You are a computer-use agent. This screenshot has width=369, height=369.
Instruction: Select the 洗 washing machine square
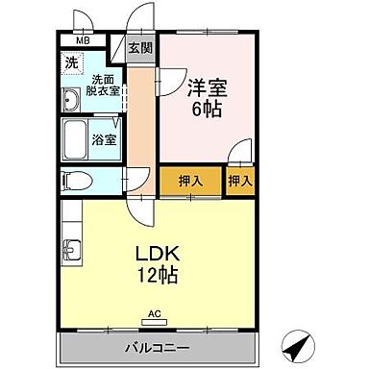(x=72, y=63)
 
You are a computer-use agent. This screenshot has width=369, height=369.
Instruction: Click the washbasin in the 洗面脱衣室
(x=72, y=99)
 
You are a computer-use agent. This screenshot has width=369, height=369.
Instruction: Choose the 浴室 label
(x=103, y=139)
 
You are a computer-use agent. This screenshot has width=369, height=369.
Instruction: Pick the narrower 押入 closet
(x=239, y=180)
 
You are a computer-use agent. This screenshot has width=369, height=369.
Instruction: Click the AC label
(x=157, y=313)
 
